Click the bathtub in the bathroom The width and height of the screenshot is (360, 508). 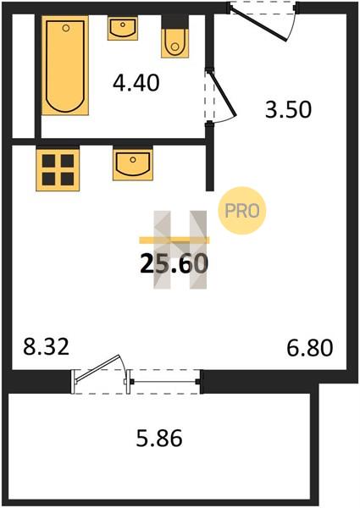pyautogui.click(x=65, y=65)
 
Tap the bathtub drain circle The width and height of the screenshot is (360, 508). pyautogui.click(x=66, y=28)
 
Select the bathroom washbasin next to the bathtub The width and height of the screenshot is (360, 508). pyautogui.click(x=123, y=29)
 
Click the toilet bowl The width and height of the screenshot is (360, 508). pyautogui.click(x=175, y=43)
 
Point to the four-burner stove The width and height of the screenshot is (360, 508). pyautogui.click(x=58, y=170)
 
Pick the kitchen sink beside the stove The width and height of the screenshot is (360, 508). pyautogui.click(x=133, y=164)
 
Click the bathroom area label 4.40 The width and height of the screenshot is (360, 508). pyautogui.click(x=136, y=83)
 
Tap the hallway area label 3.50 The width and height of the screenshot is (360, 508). pyautogui.click(x=288, y=109)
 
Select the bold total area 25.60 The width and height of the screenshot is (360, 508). pyautogui.click(x=174, y=263)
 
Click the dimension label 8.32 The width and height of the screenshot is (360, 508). pyautogui.click(x=47, y=347)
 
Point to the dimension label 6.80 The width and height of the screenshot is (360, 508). pyautogui.click(x=310, y=348)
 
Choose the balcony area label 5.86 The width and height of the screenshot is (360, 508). pyautogui.click(x=159, y=439)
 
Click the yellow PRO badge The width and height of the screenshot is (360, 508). pyautogui.click(x=242, y=211)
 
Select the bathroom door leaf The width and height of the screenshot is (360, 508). pyautogui.click(x=223, y=93)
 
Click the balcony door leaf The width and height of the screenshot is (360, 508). pyautogui.click(x=98, y=368)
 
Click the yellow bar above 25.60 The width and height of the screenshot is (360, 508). pyautogui.click(x=174, y=240)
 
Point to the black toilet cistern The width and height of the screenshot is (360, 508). pyautogui.click(x=175, y=22)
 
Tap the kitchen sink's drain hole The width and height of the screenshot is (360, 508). pyautogui.click(x=132, y=159)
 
